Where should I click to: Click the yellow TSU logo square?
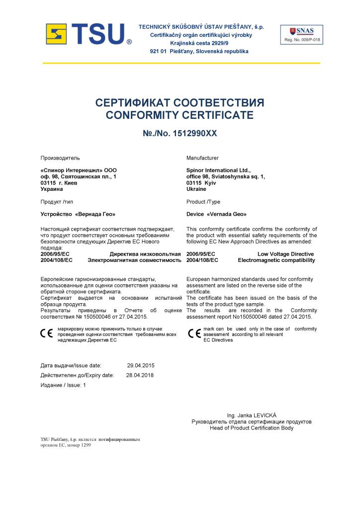[56, 34]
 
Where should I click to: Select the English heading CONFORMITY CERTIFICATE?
[180, 116]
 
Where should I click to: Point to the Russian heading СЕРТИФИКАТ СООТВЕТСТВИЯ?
[180, 103]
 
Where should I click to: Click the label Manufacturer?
[202, 158]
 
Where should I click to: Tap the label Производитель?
[60, 158]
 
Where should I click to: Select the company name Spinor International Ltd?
[218, 170]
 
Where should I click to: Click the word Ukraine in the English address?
[196, 189]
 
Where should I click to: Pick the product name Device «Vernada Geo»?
[216, 214]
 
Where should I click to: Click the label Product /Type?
[203, 202]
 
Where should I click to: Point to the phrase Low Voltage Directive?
[285, 254]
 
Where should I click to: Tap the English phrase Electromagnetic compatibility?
[276, 260]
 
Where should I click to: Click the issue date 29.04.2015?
[141, 365]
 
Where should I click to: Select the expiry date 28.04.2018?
[140, 375]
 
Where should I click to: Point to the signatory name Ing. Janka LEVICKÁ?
[252, 415]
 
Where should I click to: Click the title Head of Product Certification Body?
[252, 428]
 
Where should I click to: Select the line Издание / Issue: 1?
[63, 385]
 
